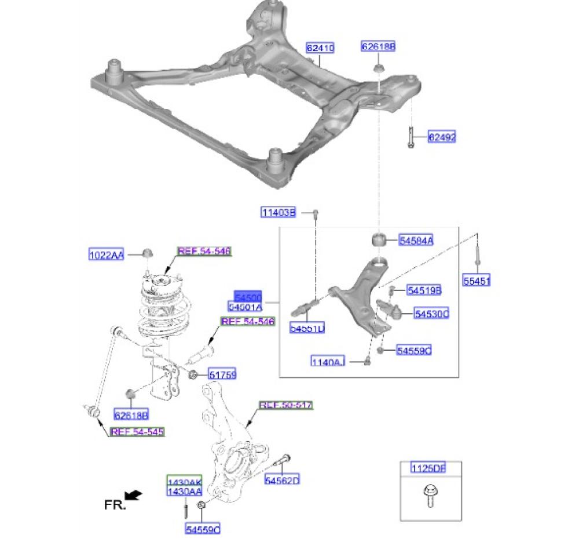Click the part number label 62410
(320, 48)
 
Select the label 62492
(442, 137)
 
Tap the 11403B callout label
(278, 213)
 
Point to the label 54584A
(416, 241)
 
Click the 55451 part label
(477, 282)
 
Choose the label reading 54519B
(423, 290)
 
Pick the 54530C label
(431, 314)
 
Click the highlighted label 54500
(248, 296)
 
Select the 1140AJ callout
(328, 362)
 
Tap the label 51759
(222, 375)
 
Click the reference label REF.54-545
(137, 432)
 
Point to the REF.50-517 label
(286, 405)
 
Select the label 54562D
(282, 480)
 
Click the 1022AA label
(107, 254)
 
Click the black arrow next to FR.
(134, 495)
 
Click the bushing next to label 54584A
(379, 239)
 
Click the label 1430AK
(184, 482)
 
